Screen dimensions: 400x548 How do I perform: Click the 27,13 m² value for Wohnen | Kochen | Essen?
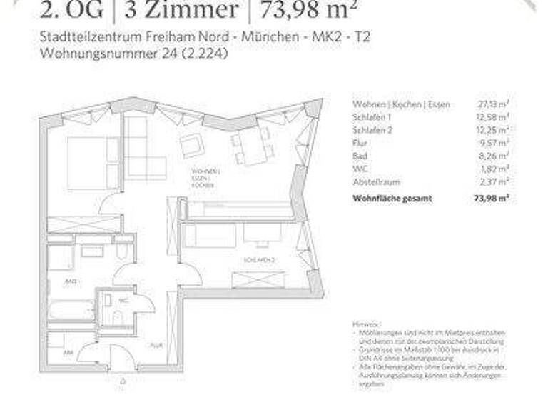493,104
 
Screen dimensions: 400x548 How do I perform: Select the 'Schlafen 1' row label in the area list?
372,117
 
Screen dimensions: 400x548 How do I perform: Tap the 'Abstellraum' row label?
376,181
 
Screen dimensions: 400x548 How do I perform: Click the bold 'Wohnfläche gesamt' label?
392,198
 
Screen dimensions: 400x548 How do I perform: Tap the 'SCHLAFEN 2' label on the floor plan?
258,261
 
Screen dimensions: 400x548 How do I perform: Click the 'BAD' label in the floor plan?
71,283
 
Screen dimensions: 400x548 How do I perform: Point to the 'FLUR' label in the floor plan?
156,344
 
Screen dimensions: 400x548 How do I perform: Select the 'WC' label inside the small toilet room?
123,301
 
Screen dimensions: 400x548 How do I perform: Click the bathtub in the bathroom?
72,310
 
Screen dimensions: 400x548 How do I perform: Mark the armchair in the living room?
192,146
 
